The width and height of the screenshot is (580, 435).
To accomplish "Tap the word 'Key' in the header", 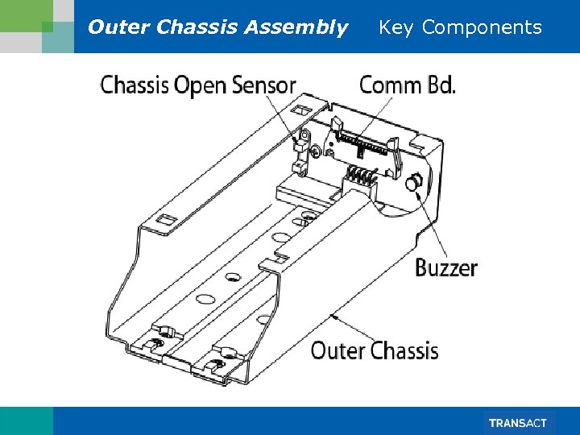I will click(x=396, y=27).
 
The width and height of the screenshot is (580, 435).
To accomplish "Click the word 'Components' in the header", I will click(x=482, y=27).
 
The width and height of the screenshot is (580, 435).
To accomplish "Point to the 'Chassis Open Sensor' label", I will click(x=198, y=85).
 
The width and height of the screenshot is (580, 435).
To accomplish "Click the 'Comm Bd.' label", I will click(x=407, y=85).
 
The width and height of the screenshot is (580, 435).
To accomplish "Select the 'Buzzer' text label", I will click(x=446, y=268).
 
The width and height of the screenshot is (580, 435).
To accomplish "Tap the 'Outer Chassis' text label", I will click(x=375, y=350).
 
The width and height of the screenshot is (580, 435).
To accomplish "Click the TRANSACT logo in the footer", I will click(x=517, y=423).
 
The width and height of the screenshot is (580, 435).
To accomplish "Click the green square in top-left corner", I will click(x=47, y=27).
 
